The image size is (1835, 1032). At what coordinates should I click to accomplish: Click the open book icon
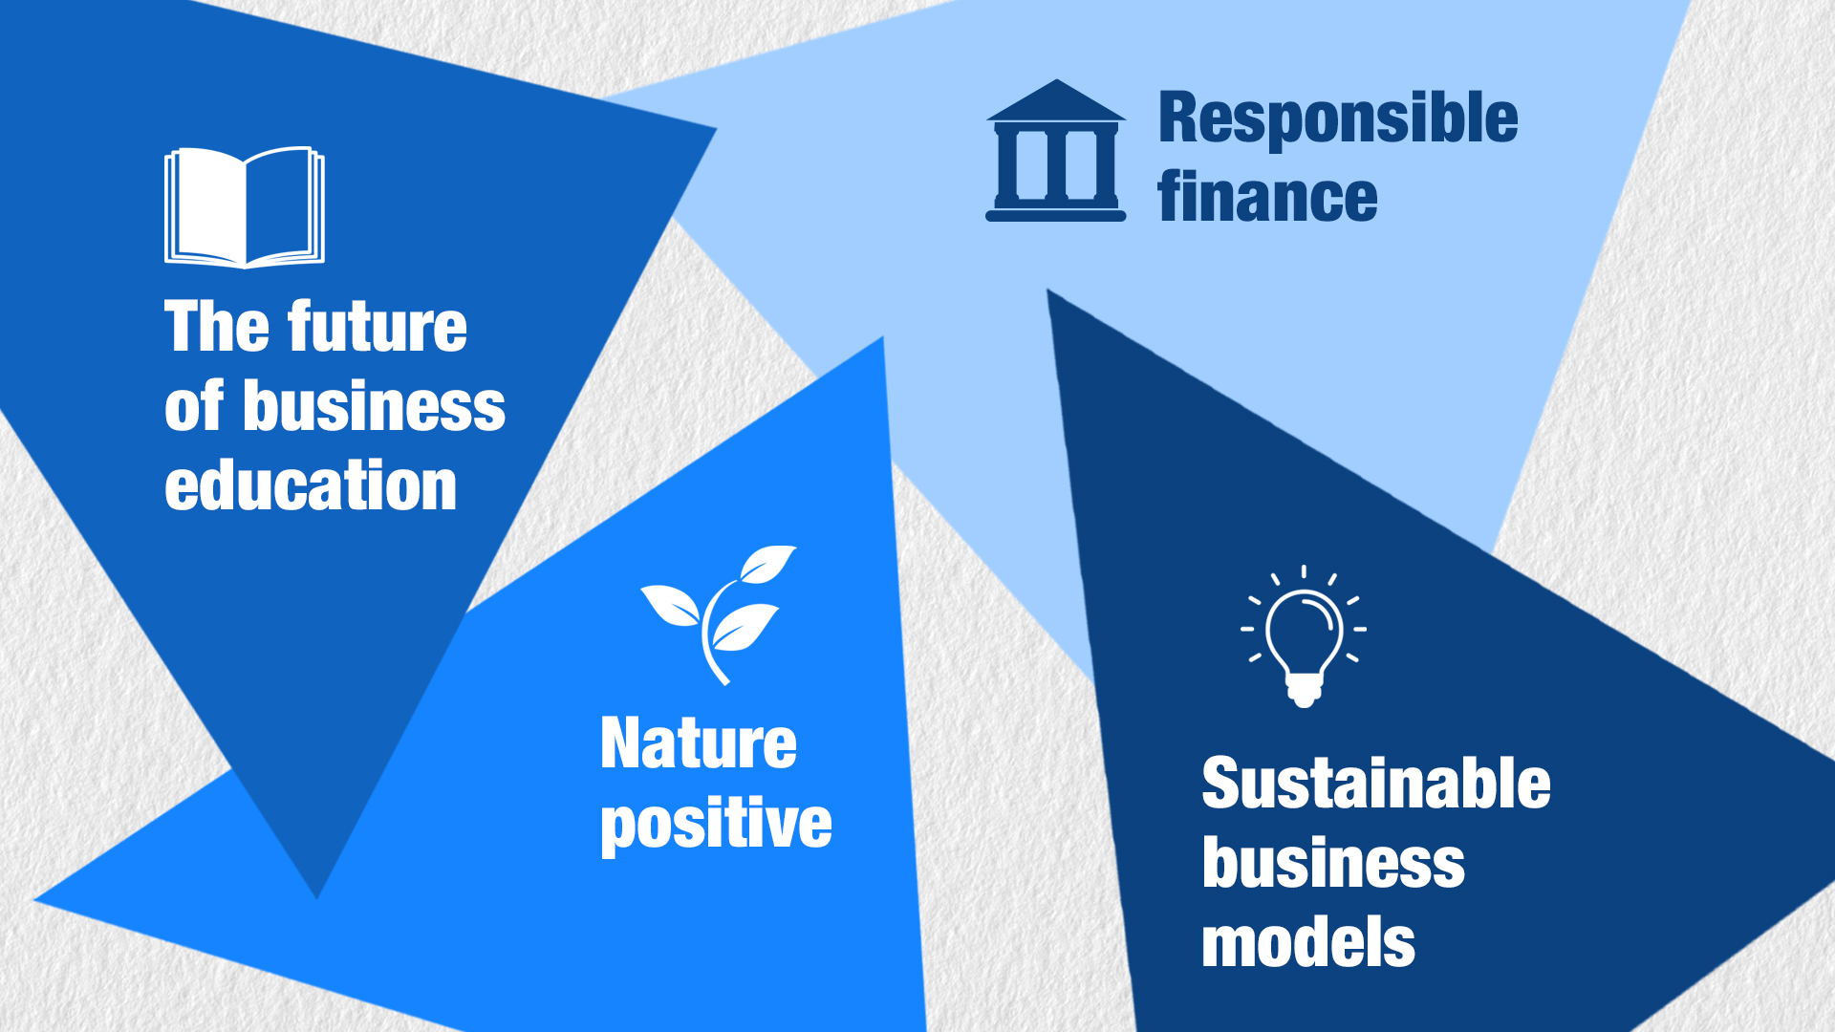click(x=245, y=207)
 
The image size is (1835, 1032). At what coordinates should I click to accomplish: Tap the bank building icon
click(x=1056, y=151)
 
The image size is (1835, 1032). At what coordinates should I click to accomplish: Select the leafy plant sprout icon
click(x=719, y=614)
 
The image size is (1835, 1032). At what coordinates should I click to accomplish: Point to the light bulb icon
click(x=1304, y=636)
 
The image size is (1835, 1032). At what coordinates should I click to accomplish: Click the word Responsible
click(x=1338, y=118)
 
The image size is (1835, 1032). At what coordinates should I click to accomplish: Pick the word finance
click(x=1267, y=197)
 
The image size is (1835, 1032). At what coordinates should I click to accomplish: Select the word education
click(x=311, y=484)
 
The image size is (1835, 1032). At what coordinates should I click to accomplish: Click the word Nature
click(x=699, y=743)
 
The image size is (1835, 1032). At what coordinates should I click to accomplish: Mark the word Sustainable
click(x=1376, y=784)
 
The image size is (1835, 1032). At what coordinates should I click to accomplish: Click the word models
click(x=1308, y=942)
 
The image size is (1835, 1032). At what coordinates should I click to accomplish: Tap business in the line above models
click(x=1333, y=863)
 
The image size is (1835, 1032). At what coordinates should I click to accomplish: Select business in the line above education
click(x=374, y=406)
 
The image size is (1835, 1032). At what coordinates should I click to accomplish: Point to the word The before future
click(x=217, y=327)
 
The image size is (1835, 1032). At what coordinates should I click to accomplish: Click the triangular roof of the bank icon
click(x=1056, y=101)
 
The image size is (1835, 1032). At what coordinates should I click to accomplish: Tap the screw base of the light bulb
click(x=1304, y=690)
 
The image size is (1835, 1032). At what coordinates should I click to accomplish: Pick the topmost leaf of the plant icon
click(x=767, y=564)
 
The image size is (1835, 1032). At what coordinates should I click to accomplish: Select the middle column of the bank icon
click(x=1056, y=164)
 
